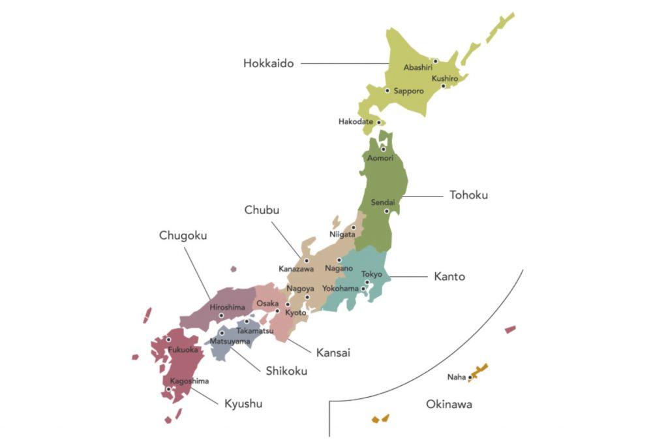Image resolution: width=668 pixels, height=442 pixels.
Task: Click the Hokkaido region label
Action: click(268, 63)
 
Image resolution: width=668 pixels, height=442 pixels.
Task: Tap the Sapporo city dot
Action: click(387, 91)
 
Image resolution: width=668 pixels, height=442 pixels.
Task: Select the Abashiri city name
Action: click(417, 67)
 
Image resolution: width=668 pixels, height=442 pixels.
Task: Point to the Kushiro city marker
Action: click(443, 86)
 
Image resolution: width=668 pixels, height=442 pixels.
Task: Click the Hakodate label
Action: click(356, 121)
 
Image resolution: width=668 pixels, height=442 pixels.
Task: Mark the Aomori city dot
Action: click(384, 149)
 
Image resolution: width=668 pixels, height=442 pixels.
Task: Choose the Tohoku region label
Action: click(468, 195)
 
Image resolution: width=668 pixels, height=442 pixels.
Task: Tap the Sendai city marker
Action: click(386, 211)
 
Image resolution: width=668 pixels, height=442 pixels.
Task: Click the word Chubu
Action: click(262, 210)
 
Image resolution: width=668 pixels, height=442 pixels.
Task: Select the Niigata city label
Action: click(342, 234)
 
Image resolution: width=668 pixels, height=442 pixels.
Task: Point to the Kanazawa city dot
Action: click(306, 260)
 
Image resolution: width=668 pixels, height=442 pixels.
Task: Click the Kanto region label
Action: click(449, 276)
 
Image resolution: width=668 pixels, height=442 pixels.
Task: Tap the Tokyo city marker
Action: click(367, 282)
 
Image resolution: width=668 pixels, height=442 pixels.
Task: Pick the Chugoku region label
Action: click(183, 235)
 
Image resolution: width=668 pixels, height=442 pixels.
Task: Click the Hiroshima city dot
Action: click(221, 316)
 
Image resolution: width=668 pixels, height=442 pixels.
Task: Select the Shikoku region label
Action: click(286, 371)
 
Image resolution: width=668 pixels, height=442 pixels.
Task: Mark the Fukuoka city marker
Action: click(168, 339)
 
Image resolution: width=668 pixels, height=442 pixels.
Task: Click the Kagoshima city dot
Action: click(168, 389)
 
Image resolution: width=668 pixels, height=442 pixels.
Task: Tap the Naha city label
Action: click(456, 377)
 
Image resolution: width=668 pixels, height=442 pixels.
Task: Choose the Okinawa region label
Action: click(449, 404)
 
